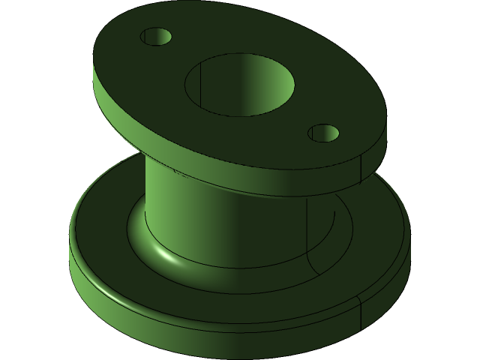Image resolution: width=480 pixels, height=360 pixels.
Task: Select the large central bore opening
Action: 239,85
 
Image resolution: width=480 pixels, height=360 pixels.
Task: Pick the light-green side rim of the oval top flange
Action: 120,112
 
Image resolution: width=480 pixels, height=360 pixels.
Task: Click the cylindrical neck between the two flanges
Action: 225,217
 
